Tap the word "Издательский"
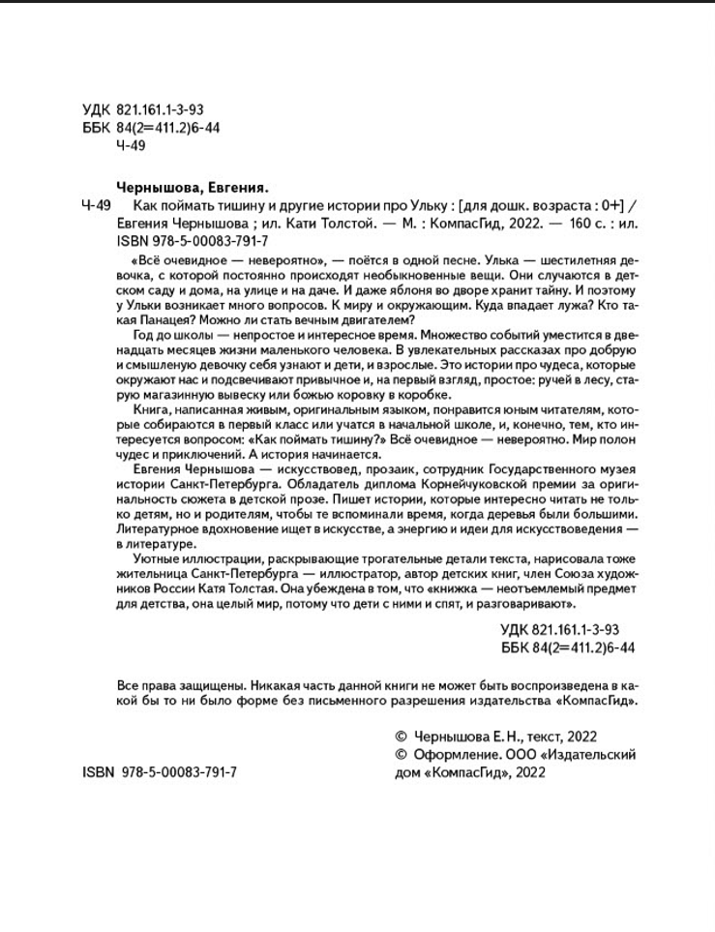tap(587, 754)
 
